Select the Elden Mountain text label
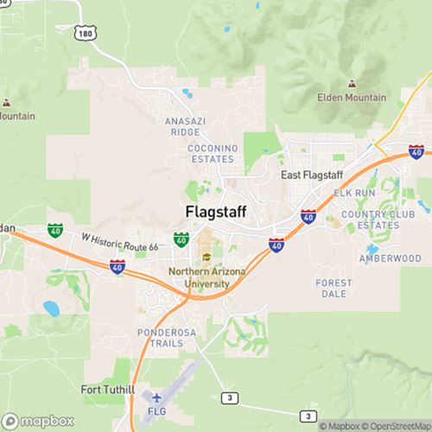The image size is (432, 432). [x=352, y=98]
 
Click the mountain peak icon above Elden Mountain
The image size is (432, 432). [x=352, y=84]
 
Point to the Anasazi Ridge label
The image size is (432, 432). [x=185, y=127]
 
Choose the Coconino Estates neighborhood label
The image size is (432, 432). [x=211, y=154]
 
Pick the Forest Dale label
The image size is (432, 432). [x=334, y=289]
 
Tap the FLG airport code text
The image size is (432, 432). [x=156, y=411]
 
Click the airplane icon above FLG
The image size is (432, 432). [x=156, y=398]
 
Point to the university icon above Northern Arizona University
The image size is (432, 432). [x=206, y=257]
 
